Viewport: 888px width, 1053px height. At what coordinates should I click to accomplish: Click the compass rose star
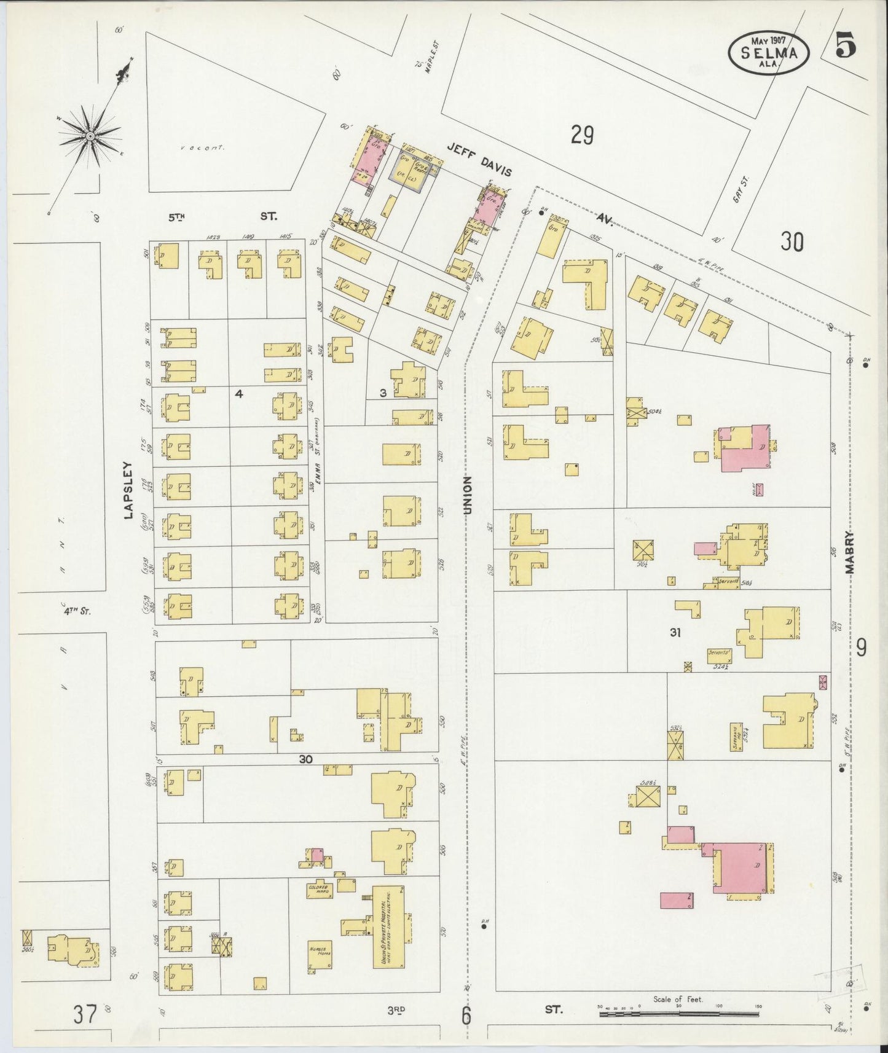click(90, 135)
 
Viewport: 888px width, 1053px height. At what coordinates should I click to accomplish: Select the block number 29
click(581, 134)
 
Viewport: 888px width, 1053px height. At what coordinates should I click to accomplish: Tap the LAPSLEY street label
click(128, 490)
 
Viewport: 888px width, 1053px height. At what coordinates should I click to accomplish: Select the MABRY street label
click(851, 552)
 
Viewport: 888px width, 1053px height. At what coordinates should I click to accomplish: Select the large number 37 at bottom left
click(85, 1014)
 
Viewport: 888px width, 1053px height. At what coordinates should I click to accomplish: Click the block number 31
click(675, 632)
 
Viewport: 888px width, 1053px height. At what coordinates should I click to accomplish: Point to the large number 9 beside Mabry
click(862, 647)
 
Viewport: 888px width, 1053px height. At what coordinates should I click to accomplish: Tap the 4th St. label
click(77, 611)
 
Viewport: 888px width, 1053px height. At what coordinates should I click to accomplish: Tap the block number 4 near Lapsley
click(239, 394)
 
